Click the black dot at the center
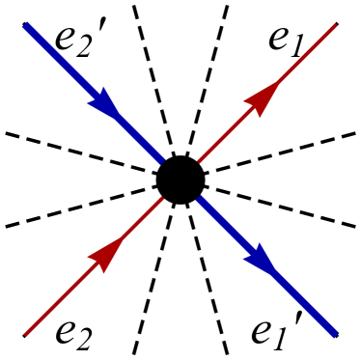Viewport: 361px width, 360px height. coord(180,179)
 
